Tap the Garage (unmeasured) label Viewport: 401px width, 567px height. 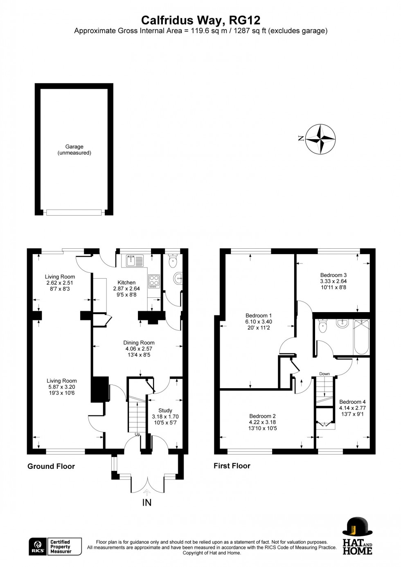coord(74,150)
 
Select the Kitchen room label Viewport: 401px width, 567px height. coord(126,283)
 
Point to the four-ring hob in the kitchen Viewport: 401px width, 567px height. coord(154,281)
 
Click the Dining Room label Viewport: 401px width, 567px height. coord(139,343)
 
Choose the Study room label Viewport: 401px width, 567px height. coord(165,410)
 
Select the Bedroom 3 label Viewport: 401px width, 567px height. coord(333,275)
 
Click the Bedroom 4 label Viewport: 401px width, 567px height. coord(352,402)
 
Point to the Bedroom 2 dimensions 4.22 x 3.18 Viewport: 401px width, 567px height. coord(262,422)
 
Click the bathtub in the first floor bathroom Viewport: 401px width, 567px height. coord(361,337)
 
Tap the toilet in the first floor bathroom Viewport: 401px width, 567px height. coord(323,325)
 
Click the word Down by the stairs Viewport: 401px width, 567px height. coord(324,374)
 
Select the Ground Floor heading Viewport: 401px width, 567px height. coord(51,466)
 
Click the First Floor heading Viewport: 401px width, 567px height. coord(232,466)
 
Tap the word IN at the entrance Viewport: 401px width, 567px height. coord(146,503)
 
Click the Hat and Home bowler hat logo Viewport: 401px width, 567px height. coord(357,527)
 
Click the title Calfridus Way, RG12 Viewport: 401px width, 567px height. coord(200,20)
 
